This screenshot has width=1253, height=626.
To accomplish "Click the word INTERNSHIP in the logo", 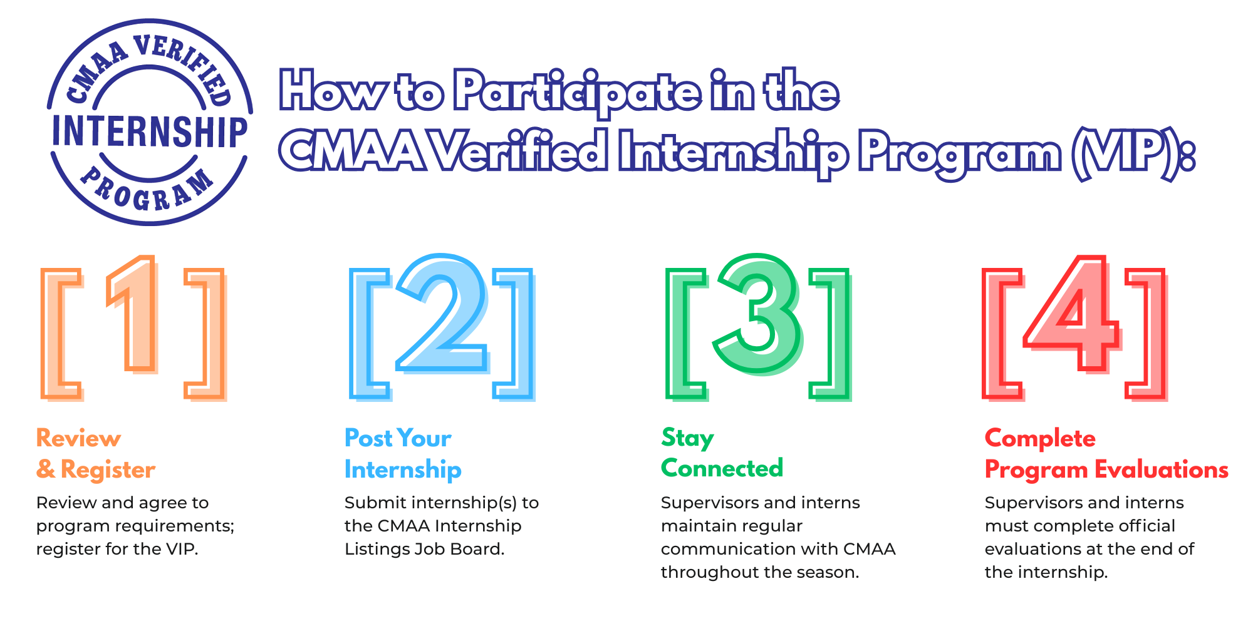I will (150, 131).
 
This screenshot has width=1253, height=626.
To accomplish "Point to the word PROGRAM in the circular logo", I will (148, 192).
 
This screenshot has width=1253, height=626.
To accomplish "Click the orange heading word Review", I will (78, 438).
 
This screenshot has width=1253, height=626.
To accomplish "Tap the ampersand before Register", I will (45, 469).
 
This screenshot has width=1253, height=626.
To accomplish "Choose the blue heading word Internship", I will (403, 469).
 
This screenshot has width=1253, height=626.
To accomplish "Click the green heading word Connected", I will (722, 468).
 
